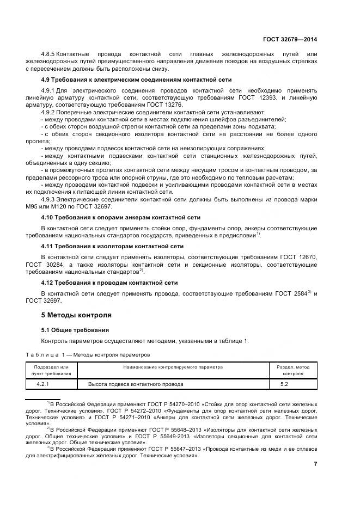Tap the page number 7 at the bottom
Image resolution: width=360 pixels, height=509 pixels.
pos(315,463)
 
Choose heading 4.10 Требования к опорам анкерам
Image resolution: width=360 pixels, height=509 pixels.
pos(113,217)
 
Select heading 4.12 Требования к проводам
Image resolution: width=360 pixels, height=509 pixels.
pos(109,283)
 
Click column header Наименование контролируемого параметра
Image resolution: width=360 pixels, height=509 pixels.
pos(173,367)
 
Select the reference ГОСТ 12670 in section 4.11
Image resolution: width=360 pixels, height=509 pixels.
pos(298,256)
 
